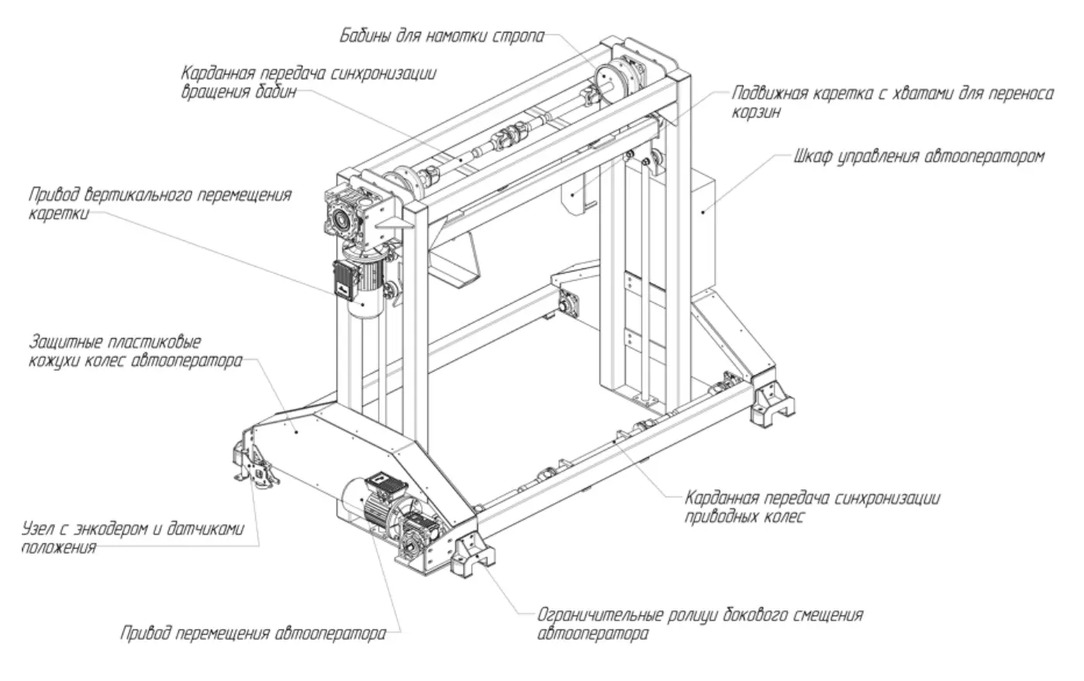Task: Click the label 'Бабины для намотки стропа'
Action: click(x=442, y=36)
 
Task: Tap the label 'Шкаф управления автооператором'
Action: click(x=919, y=157)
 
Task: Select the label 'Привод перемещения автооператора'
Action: click(x=253, y=634)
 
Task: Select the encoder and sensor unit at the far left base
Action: click(x=253, y=465)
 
